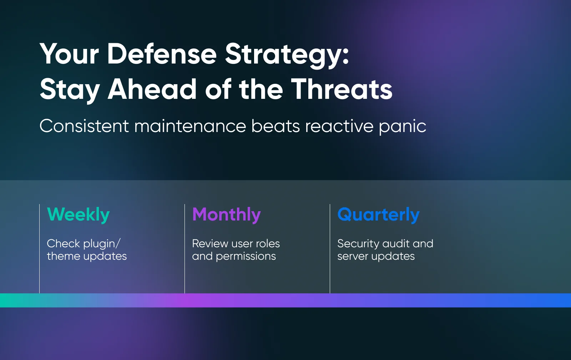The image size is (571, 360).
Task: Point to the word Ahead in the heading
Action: point(152,89)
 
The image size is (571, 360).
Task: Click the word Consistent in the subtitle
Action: point(84,126)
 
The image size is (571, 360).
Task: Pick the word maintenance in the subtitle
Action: point(190,126)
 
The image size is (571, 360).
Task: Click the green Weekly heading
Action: point(78,215)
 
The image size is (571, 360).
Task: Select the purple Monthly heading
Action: point(227,215)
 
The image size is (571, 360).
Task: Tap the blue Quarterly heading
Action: point(378,215)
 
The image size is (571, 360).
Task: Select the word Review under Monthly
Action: point(210,244)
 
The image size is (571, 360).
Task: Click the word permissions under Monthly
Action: point(246,257)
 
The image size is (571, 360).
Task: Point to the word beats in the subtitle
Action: point(275,126)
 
